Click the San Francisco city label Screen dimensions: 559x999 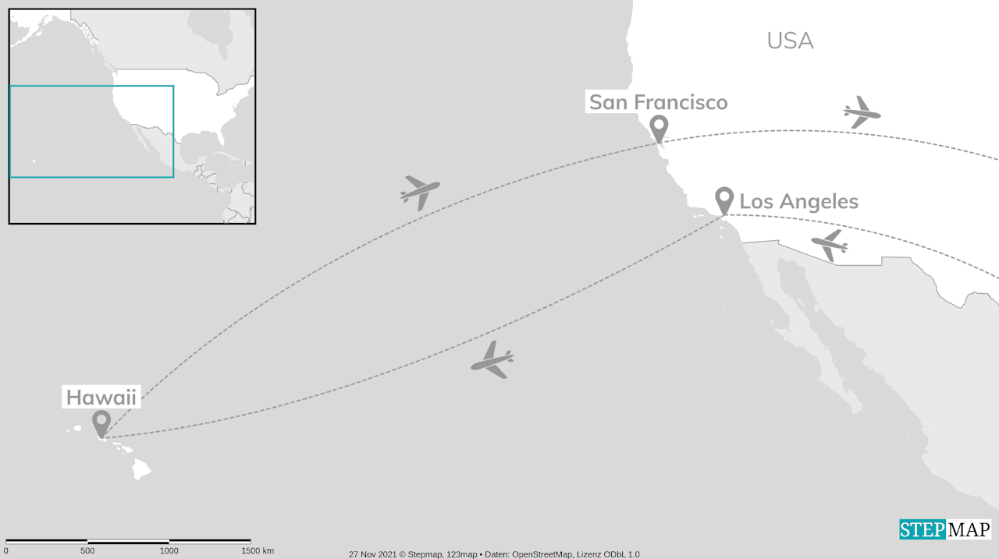tap(658, 102)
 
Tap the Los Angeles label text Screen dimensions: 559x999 tap(798, 202)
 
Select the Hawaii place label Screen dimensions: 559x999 tap(101, 398)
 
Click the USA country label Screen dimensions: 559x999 tap(790, 41)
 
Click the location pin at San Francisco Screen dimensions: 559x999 tap(659, 126)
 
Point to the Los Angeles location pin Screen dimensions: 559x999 tap(724, 198)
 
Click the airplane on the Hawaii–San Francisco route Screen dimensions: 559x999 tap(419, 191)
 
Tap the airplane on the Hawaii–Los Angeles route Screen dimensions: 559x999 tap(492, 360)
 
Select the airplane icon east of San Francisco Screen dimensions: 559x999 tap(861, 113)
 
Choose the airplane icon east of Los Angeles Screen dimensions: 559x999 tap(830, 245)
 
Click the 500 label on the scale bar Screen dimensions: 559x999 tap(87, 551)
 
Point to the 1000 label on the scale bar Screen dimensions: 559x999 tap(169, 551)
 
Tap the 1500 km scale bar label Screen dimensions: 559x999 tap(257, 551)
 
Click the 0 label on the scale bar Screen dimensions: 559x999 tap(6, 551)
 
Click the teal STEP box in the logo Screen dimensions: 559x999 tap(923, 529)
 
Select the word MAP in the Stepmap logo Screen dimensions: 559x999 tap(969, 529)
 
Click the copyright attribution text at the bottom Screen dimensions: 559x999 tap(494, 554)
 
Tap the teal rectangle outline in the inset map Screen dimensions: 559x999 tap(91, 86)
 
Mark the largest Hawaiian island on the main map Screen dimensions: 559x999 tap(141, 469)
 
